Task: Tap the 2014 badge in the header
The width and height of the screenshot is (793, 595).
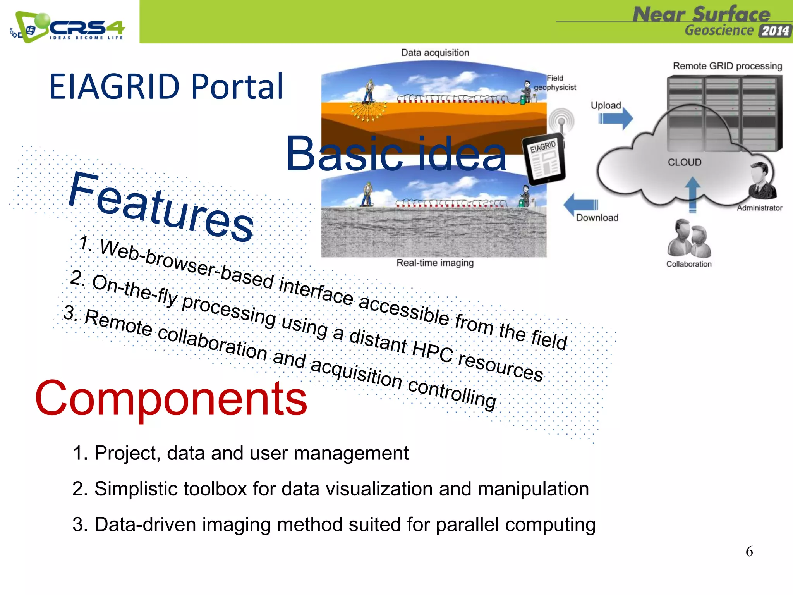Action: (x=775, y=31)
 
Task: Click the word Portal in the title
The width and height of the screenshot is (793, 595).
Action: (x=237, y=86)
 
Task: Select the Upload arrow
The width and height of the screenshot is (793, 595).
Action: (x=616, y=119)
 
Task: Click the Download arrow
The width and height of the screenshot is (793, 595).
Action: (x=580, y=204)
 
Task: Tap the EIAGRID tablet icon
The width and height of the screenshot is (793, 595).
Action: (x=544, y=159)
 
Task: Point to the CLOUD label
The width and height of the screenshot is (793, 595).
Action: (x=684, y=162)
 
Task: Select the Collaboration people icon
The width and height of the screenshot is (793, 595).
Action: (x=689, y=239)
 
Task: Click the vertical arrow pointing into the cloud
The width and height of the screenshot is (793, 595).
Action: (x=692, y=194)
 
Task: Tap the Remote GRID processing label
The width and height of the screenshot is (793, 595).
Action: (x=727, y=66)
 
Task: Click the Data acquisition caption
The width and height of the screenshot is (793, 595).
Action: (x=435, y=53)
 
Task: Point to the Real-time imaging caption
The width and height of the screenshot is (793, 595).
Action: (x=435, y=263)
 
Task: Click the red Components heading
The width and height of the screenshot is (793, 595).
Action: (x=171, y=398)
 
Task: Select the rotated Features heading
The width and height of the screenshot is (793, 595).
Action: (x=161, y=207)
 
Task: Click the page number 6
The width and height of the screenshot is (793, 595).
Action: (x=749, y=551)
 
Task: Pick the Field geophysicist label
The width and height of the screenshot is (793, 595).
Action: (x=555, y=83)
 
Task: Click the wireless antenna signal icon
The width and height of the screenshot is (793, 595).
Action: (x=561, y=121)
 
